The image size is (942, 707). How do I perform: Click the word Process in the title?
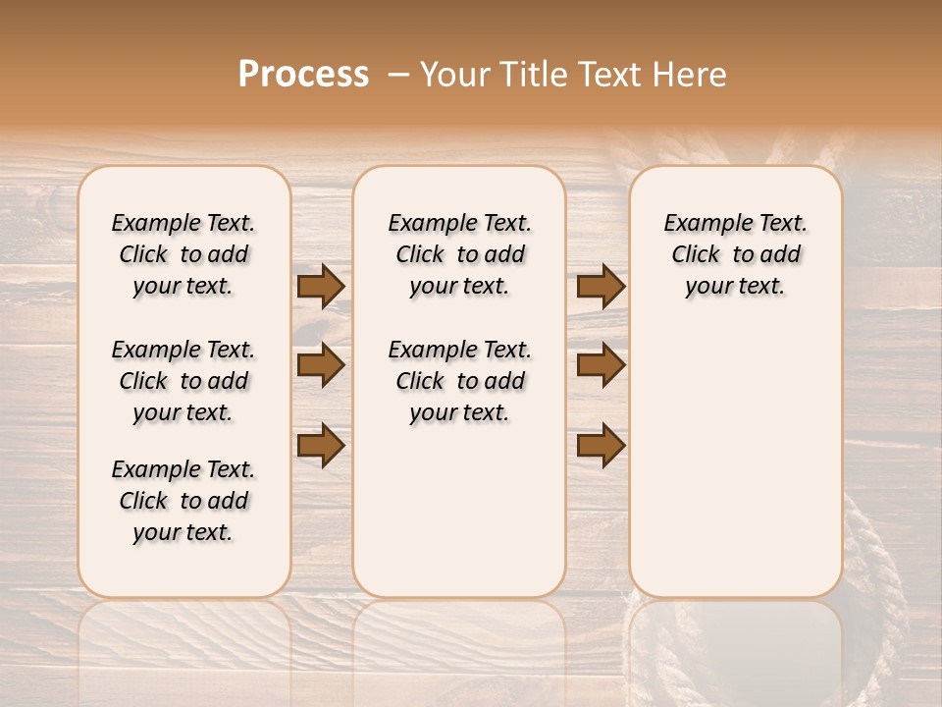coord(303,75)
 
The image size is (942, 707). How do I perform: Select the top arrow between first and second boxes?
coord(321,286)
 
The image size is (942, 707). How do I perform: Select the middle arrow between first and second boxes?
coord(321,365)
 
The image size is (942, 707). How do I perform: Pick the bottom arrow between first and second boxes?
coord(321,446)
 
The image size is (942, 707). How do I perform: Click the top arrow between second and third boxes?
coord(601,286)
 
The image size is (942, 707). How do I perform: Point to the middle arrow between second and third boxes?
coord(601,365)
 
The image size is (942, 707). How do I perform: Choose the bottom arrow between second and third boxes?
coord(601,446)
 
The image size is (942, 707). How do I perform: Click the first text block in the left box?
coord(183,254)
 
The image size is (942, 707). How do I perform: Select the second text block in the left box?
coord(183,381)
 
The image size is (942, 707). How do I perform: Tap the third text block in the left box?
coord(183,501)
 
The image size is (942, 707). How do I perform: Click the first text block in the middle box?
coord(459,254)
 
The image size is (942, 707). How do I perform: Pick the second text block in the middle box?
coord(459,381)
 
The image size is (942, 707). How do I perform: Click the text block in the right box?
coord(735,254)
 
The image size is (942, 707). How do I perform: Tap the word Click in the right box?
coord(696,255)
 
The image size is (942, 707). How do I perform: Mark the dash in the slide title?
coord(398,75)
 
